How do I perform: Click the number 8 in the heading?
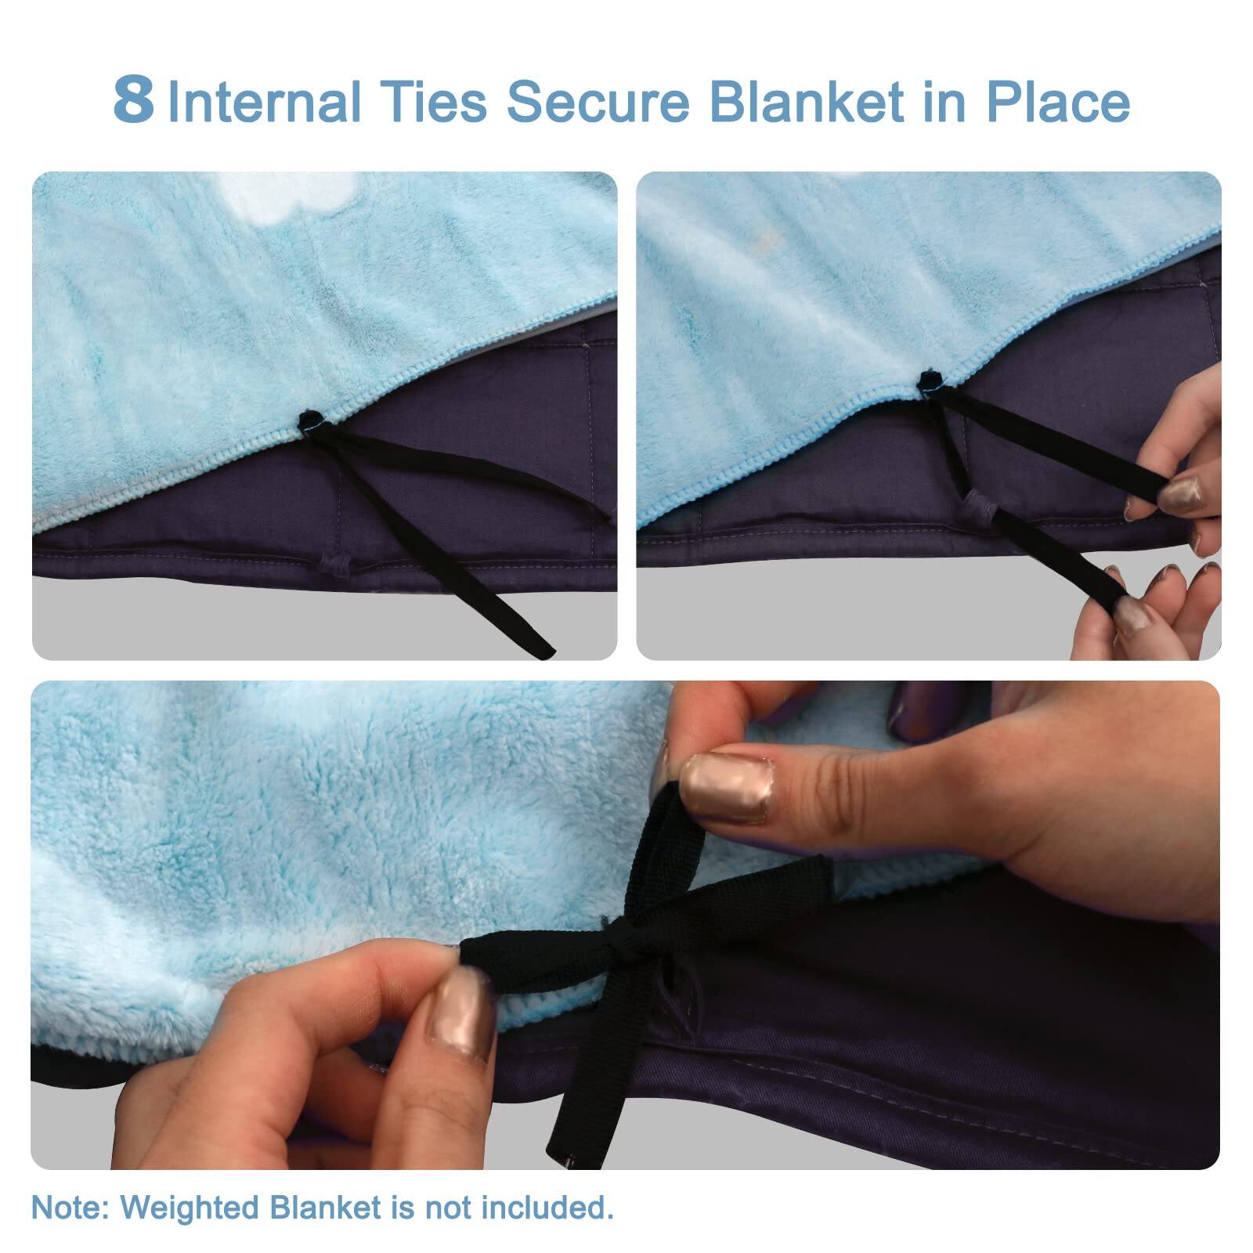pos(133,100)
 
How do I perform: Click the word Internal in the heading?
pos(265,102)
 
